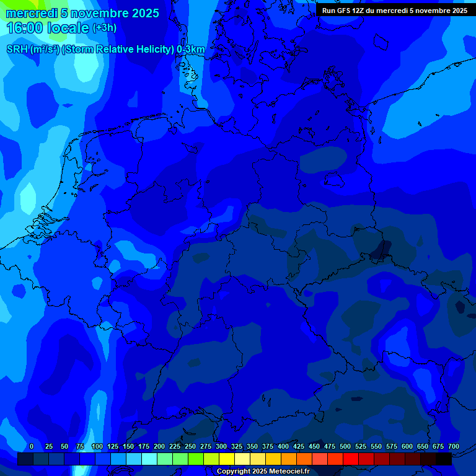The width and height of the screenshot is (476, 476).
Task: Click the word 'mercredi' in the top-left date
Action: pyautogui.click(x=32, y=13)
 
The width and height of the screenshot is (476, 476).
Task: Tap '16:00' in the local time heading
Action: pyautogui.click(x=25, y=29)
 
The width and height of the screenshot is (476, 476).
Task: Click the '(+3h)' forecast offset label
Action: pyautogui.click(x=104, y=28)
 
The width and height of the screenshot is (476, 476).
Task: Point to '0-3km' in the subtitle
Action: pyautogui.click(x=191, y=49)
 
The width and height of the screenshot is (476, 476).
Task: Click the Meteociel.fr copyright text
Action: pyautogui.click(x=263, y=472)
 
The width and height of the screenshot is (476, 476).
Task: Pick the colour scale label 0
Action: pyautogui.click(x=32, y=446)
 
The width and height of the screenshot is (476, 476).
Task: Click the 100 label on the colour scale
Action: pyautogui.click(x=97, y=446)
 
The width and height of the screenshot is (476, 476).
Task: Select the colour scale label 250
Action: pyautogui.click(x=190, y=446)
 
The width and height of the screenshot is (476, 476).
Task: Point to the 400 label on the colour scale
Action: pyautogui.click(x=283, y=446)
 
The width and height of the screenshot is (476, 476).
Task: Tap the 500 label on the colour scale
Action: pyautogui.click(x=345, y=446)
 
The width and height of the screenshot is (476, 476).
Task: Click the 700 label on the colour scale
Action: pyautogui.click(x=454, y=446)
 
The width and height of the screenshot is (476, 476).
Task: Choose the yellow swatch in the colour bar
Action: pyautogui.click(x=227, y=459)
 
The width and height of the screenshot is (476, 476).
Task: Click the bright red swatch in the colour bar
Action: pyautogui.click(x=351, y=459)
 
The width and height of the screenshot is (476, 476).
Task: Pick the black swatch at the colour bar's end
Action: pyautogui.click(x=444, y=459)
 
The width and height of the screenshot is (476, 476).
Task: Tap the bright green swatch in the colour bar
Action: pyautogui.click(x=196, y=459)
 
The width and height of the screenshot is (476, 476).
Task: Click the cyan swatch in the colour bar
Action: pyautogui.click(x=149, y=459)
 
